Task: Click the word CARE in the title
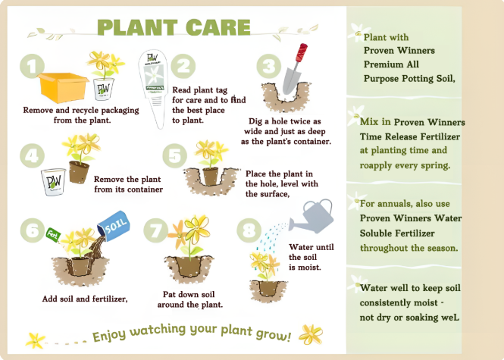[218, 27]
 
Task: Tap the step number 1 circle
[32, 66]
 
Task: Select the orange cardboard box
[63, 87]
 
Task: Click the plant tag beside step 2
[153, 89]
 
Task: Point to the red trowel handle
[302, 53]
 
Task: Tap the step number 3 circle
[269, 66]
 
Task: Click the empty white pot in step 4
[53, 182]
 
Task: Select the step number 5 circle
[175, 155]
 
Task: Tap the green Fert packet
[53, 235]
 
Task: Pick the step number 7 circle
[156, 230]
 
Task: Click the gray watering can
[311, 216]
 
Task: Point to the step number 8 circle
[249, 230]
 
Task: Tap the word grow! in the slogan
[274, 334]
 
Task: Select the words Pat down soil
[189, 294]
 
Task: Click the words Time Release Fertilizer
[410, 136]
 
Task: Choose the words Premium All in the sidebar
[391, 64]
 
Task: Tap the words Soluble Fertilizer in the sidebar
[397, 233]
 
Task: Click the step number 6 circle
[33, 230]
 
